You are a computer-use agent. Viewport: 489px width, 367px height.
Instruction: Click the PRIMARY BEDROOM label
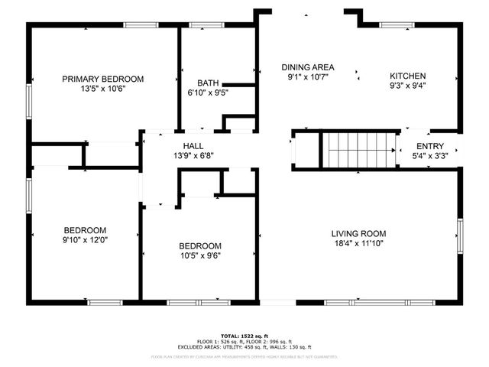coord(103,79)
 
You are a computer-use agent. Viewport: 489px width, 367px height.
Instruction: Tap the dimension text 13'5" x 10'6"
coord(103,89)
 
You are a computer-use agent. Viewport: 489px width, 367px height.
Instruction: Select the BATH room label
coord(208,83)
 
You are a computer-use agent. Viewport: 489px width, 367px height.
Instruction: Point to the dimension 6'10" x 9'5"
coord(208,93)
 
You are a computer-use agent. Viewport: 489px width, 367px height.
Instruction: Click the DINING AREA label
coord(307,67)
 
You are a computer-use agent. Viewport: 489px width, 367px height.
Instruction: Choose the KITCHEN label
coord(407,76)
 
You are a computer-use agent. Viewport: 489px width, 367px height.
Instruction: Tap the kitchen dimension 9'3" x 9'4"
coord(407,86)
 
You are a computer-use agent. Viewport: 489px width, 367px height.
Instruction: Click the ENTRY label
coord(429,147)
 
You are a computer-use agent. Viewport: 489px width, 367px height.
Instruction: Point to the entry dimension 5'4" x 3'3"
coord(429,157)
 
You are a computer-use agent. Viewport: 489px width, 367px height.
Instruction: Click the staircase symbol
coord(358,148)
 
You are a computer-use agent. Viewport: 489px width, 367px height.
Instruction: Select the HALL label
coord(193,146)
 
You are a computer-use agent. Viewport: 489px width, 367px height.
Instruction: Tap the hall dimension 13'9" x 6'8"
coord(193,156)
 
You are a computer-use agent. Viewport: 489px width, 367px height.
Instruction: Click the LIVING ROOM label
coord(358,233)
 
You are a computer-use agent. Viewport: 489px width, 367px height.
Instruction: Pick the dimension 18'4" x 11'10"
coord(358,243)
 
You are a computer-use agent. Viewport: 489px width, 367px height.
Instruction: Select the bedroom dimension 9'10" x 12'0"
coord(85,240)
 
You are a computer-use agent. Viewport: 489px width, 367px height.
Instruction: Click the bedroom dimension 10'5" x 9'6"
coord(200,256)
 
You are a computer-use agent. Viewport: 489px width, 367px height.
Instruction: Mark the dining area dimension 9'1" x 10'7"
coord(307,77)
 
